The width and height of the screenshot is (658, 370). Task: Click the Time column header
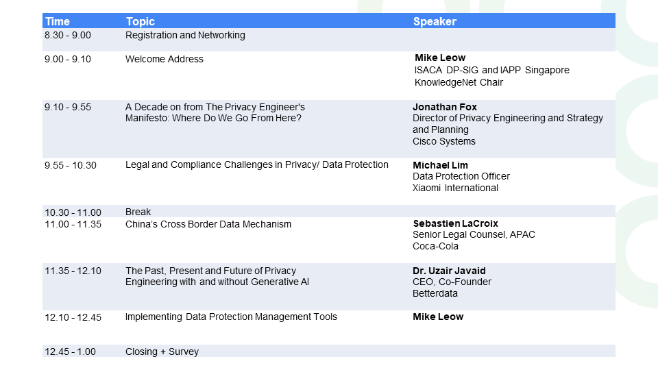coord(58,21)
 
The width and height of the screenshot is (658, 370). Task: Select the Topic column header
coord(140,21)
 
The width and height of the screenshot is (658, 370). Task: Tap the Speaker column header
coord(435,21)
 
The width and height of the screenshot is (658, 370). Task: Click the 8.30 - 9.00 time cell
coord(68,35)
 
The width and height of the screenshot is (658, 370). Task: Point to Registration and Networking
coord(185,35)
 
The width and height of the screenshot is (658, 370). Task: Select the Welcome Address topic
coord(164,59)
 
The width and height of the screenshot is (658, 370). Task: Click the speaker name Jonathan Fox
coord(444,107)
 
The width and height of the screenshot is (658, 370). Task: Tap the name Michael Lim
coord(440,165)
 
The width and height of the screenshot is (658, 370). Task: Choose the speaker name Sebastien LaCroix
coord(455,223)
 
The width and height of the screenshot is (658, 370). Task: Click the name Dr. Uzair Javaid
coord(449,271)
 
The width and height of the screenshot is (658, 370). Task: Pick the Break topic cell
coord(138,212)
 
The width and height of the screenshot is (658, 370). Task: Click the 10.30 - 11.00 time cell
coord(73,212)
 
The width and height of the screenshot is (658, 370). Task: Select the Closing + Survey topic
coord(162,351)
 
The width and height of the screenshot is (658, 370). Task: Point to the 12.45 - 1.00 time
coord(70,351)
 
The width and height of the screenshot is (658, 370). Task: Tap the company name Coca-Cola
coord(435,246)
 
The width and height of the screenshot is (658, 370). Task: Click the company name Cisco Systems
coord(444,141)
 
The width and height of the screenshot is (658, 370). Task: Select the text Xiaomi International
coord(455,188)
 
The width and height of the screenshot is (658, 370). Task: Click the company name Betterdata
coord(435,293)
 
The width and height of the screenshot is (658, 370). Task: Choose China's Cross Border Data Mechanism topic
coord(208,225)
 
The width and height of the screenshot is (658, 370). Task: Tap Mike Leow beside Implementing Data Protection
coord(438,317)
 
